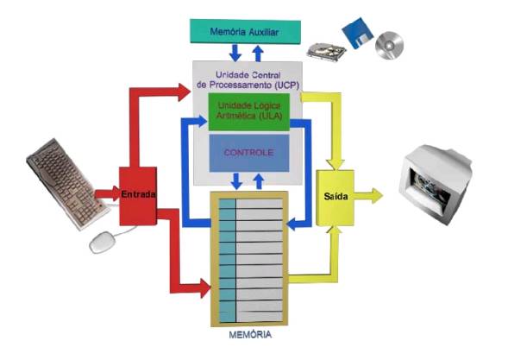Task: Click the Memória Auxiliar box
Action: coord(245,31)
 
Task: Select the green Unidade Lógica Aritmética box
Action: coord(248,112)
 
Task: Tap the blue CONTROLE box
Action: coord(249,153)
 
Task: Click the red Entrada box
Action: coord(138,196)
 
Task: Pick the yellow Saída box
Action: coord(336,198)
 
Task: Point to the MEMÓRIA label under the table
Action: coord(250,335)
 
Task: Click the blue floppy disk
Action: coord(358,33)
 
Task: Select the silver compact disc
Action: coord(390,45)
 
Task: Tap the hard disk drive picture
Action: coord(326,51)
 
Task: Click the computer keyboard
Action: coord(68,184)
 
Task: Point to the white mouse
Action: coord(103,242)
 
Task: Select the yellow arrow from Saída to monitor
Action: coord(368,196)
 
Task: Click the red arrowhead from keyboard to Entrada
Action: coord(116,194)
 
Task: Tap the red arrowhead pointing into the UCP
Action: coord(184,92)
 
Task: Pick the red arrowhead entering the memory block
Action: coord(205,287)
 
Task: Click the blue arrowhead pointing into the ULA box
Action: coord(202,121)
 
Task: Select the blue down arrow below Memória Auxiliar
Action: coord(235,54)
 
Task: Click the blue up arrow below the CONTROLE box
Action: coord(259,181)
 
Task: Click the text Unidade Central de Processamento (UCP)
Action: coord(248,80)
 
